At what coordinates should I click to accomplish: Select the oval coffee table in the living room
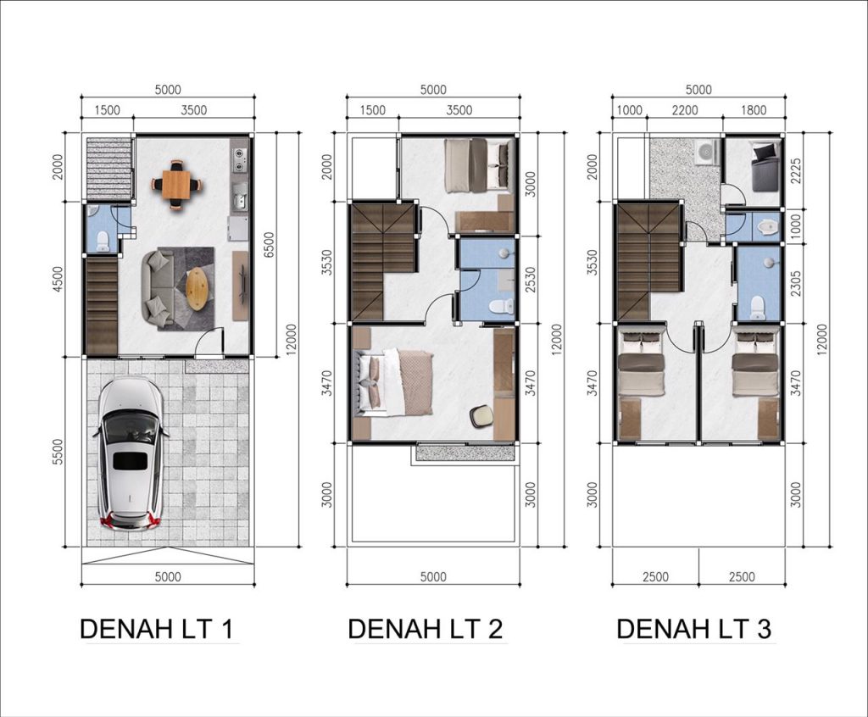(198, 289)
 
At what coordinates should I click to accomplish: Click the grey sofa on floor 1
(158, 287)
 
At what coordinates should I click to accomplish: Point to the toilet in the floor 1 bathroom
(103, 241)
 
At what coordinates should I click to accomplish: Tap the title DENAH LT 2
(426, 629)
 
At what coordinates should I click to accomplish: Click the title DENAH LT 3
(694, 629)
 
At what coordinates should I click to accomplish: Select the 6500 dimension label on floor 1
(269, 245)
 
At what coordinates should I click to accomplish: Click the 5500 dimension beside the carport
(58, 452)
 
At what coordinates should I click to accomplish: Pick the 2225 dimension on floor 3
(796, 171)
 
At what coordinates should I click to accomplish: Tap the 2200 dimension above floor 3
(685, 110)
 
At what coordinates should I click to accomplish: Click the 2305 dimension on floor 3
(796, 283)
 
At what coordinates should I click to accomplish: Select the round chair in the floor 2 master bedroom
(481, 416)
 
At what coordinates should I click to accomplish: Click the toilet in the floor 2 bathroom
(503, 306)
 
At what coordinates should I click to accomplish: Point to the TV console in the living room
(240, 286)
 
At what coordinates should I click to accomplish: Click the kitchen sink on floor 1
(240, 197)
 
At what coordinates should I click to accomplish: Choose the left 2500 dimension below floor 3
(655, 577)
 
